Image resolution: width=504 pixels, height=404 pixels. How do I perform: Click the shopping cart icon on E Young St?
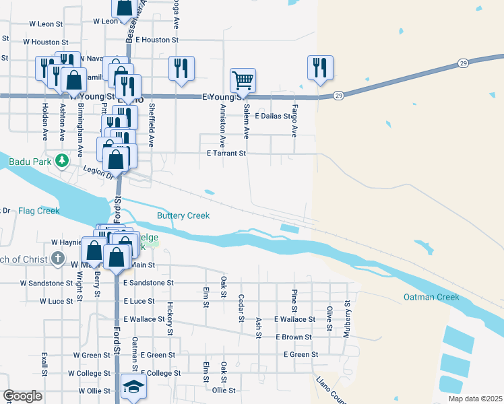click(x=243, y=81)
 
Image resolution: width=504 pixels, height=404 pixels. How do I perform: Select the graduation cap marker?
click(x=133, y=389)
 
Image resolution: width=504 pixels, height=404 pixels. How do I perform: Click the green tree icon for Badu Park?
click(x=62, y=160)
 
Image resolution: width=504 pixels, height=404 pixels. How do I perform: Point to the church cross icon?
click(x=59, y=259)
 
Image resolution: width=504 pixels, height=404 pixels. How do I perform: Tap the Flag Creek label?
click(x=39, y=211)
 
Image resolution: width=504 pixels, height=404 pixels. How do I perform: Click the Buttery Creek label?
click(x=183, y=215)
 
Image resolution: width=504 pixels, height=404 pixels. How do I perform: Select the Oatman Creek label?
click(x=431, y=297)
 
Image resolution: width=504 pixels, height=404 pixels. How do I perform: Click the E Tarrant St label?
click(x=226, y=154)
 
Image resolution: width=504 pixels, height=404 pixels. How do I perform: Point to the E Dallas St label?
click(x=276, y=116)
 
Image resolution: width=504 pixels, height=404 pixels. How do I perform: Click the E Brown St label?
click(x=293, y=337)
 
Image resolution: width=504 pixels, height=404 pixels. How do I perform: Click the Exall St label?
click(x=44, y=364)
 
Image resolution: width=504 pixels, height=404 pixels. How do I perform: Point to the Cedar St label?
click(x=241, y=308)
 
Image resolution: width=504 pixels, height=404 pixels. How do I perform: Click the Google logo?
click(x=22, y=396)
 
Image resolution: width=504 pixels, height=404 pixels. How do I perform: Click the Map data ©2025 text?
click(x=475, y=399)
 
